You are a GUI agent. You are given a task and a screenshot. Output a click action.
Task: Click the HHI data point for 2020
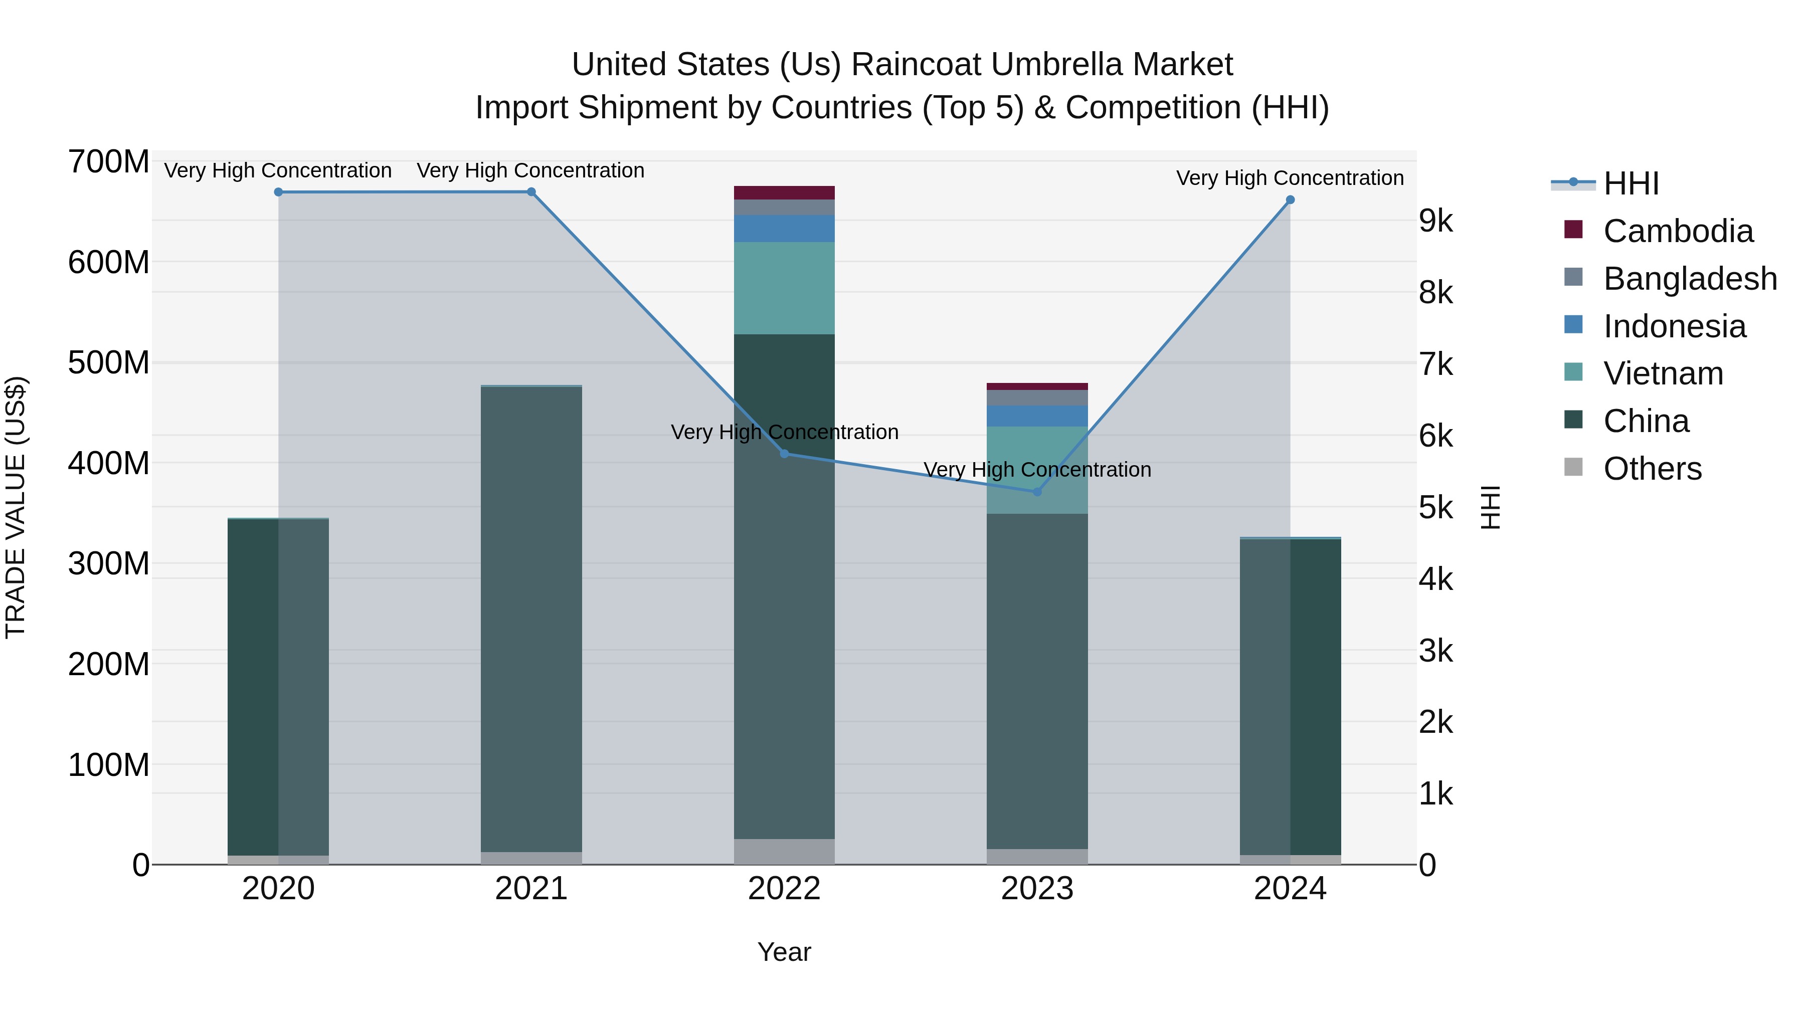[x=278, y=192]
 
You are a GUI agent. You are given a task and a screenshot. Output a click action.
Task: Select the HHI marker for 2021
[x=531, y=192]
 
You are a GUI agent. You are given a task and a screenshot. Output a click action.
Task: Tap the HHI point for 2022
[x=785, y=454]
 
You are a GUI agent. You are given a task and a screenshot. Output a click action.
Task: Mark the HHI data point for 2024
[x=1290, y=199]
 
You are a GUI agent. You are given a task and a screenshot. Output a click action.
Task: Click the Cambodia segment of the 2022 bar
[x=784, y=192]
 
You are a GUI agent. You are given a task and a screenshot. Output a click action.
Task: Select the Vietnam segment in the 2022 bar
[x=784, y=288]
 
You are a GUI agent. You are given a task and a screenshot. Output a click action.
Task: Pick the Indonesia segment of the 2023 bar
[x=1037, y=416]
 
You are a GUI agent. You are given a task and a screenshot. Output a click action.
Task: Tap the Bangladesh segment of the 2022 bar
[x=784, y=208]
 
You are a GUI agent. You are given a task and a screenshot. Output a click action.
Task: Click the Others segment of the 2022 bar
[x=784, y=851]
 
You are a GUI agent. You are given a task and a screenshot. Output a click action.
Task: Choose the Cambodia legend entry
[x=1678, y=231]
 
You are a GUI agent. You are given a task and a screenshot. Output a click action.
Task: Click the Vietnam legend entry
[x=1663, y=373]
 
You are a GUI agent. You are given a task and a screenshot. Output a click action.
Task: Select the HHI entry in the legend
[x=1631, y=183]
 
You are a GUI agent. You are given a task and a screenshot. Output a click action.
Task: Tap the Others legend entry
[x=1652, y=469]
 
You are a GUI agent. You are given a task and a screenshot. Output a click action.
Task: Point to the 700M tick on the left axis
[x=109, y=162]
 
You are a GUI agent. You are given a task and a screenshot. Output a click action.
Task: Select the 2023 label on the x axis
[x=1037, y=889]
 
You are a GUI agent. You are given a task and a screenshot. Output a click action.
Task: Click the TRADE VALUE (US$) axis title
[x=16, y=507]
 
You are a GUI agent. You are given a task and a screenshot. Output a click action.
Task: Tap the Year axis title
[x=784, y=952]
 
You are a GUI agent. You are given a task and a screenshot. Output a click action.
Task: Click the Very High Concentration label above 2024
[x=1290, y=178]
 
